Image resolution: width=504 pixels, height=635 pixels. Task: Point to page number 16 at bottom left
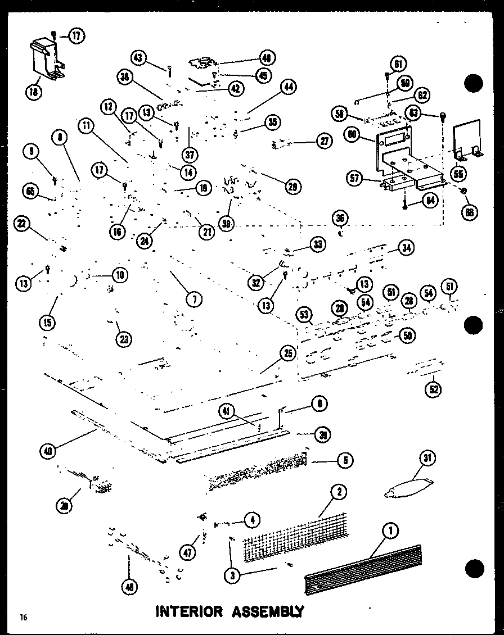22,618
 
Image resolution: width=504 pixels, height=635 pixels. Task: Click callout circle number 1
390,529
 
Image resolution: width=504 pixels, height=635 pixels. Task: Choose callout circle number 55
458,175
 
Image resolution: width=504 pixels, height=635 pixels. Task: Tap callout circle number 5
345,461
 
